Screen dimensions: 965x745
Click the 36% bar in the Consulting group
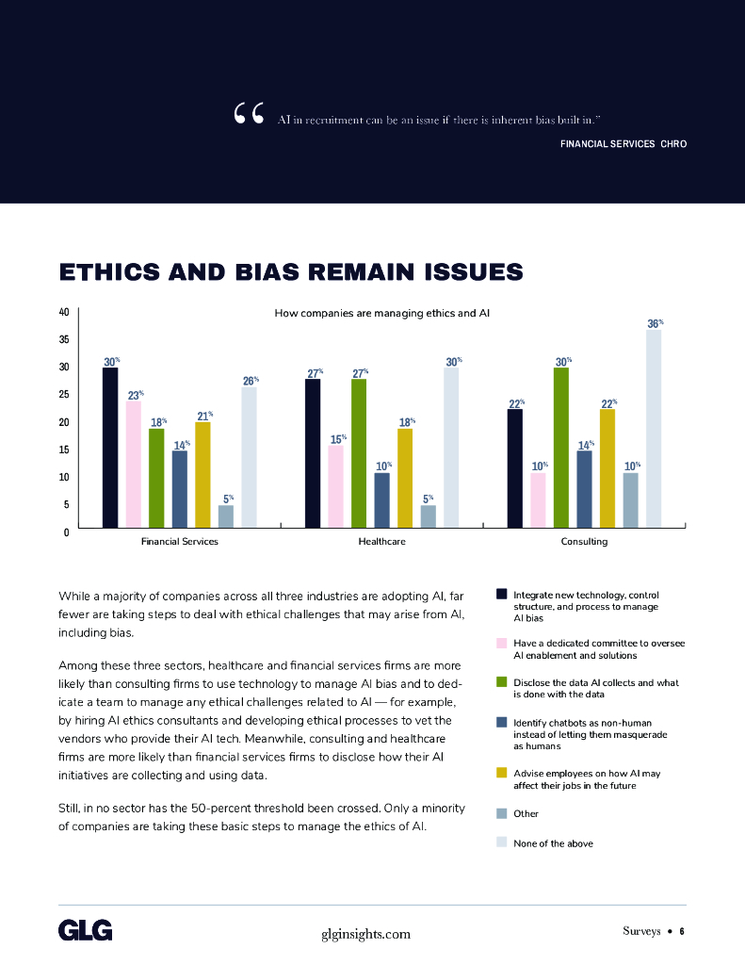pyautogui.click(x=654, y=429)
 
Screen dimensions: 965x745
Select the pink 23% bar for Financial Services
pyautogui.click(x=134, y=465)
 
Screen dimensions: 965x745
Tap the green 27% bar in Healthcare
pyautogui.click(x=358, y=453)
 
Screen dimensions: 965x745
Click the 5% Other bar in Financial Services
pyautogui.click(x=226, y=516)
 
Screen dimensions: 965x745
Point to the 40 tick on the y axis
pyautogui.click(x=64, y=312)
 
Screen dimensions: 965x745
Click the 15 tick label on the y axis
pyautogui.click(x=64, y=450)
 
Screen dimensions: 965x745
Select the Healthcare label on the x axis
pyautogui.click(x=381, y=542)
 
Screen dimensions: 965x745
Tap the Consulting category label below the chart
pyautogui.click(x=584, y=542)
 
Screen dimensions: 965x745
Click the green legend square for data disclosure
pyautogui.click(x=502, y=682)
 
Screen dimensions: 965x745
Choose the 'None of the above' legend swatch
pyautogui.click(x=502, y=842)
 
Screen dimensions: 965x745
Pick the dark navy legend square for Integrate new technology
pyautogui.click(x=502, y=594)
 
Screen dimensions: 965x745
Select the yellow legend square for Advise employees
pyautogui.click(x=502, y=773)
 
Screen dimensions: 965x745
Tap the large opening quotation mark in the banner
pyautogui.click(x=248, y=115)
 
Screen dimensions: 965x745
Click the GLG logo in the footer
pyautogui.click(x=86, y=931)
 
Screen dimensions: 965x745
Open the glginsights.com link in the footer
pyautogui.click(x=366, y=933)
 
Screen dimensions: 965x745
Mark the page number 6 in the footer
pyautogui.click(x=681, y=931)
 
